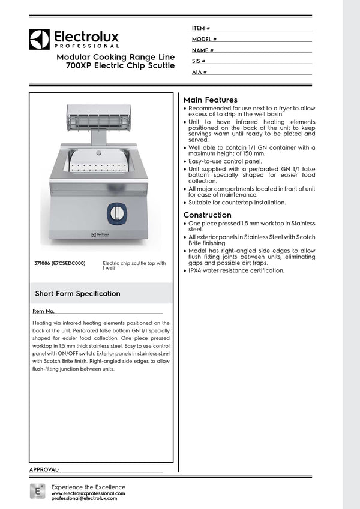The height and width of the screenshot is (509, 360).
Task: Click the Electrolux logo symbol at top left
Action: pos(40,39)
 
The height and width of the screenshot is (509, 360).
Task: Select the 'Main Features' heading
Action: pos(210,100)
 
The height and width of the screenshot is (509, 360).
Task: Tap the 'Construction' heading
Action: pos(207,215)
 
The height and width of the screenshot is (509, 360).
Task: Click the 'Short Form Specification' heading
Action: pos(77,294)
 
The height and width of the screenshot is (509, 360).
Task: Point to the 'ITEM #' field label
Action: pos(200,28)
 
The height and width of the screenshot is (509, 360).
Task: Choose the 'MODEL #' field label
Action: pos(204,39)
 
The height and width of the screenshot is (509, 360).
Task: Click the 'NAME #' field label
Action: pos(203,50)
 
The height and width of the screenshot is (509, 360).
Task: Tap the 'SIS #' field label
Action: pos(199,61)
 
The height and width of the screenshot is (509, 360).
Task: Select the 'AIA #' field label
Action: pos(199,73)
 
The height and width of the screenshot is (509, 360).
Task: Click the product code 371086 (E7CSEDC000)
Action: pos(59,263)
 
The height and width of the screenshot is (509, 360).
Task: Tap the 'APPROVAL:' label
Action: pos(44,469)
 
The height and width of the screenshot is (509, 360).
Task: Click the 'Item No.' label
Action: pos(44,312)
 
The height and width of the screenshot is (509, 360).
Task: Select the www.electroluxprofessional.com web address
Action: pos(88,493)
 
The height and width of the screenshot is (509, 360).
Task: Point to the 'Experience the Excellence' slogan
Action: pos(88,487)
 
